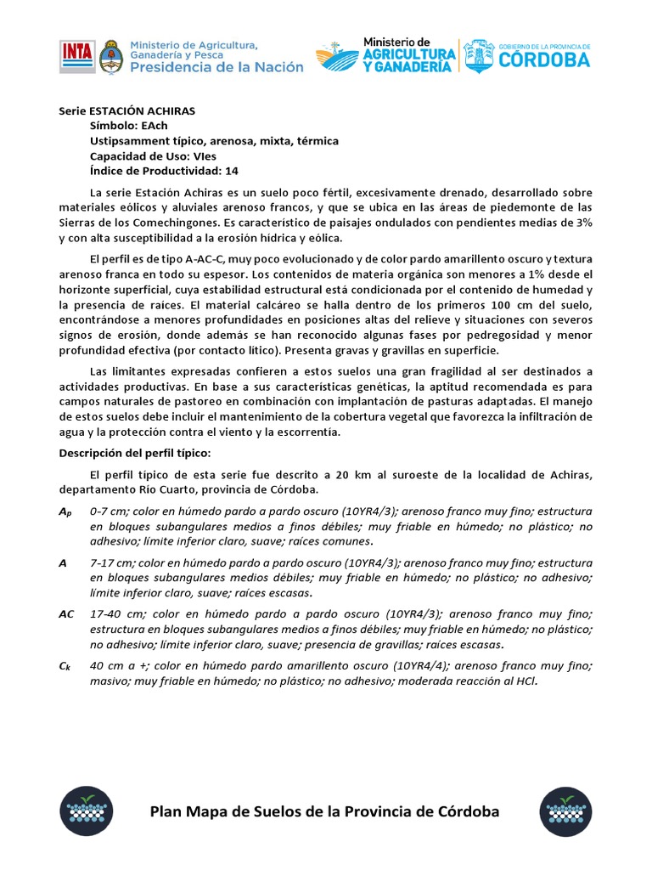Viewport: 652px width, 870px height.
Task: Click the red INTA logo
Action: coord(76,56)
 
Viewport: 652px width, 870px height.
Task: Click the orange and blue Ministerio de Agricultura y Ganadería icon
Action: coord(337,57)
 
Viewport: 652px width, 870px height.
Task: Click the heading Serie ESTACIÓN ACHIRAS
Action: coord(126,110)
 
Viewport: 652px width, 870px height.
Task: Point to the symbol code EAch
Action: coord(155,126)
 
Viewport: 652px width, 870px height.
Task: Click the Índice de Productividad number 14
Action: coord(232,172)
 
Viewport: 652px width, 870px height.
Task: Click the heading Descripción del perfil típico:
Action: coord(134,453)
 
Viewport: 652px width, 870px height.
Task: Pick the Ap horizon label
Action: coord(65,511)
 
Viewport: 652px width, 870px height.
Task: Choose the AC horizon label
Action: coord(67,613)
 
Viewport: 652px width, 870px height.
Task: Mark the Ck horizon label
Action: coord(65,667)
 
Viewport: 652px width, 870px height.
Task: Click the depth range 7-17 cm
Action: coord(110,562)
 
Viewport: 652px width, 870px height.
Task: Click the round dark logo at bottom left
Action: coord(84,811)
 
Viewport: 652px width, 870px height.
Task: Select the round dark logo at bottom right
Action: coord(566,811)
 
